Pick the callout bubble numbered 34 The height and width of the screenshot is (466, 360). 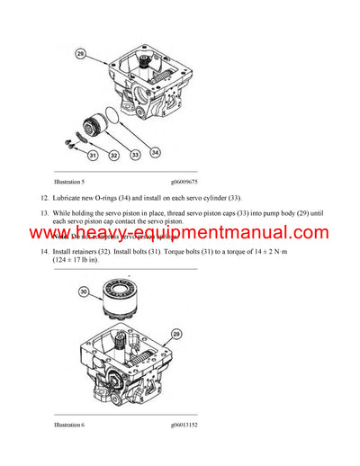156,153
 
